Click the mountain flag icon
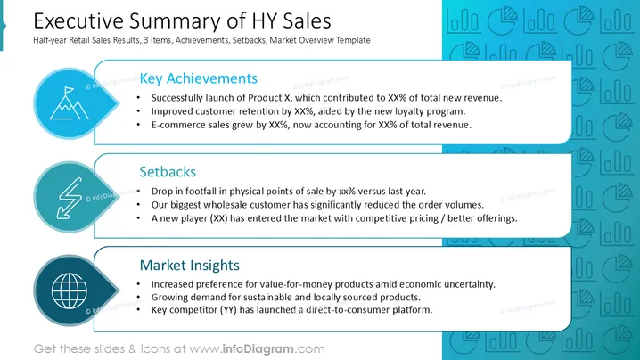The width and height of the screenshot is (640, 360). (69, 103)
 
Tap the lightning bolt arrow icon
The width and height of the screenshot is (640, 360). (70, 198)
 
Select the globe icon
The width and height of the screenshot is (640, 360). (70, 290)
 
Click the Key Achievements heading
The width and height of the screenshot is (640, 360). (199, 78)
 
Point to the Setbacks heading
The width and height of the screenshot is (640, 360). (168, 172)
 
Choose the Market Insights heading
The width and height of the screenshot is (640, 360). (189, 266)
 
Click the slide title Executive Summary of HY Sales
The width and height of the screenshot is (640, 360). (182, 20)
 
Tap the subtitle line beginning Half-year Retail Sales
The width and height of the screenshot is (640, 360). (202, 40)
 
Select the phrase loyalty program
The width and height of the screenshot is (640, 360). (437, 111)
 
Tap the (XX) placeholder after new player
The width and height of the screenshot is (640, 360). (218, 218)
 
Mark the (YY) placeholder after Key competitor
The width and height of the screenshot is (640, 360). (228, 310)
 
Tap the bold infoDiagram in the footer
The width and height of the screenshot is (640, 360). (258, 349)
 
